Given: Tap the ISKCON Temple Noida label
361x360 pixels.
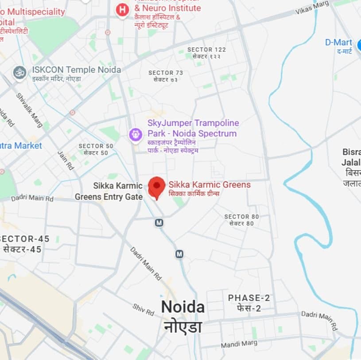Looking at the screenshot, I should point(76,70).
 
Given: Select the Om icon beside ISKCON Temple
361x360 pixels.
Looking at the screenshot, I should point(19,73).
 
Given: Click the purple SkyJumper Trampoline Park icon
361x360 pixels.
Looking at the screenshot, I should point(135,133).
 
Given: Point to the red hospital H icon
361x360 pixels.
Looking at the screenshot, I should point(122,9).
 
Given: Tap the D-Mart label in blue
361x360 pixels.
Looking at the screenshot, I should point(338,43).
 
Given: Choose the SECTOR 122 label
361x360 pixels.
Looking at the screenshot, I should point(206,50).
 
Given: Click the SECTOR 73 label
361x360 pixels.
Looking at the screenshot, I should point(165,73).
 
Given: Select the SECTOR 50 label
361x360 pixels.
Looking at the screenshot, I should point(96,146).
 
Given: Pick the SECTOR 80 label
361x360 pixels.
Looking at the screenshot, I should point(241,217).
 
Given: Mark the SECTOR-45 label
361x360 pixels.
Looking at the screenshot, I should point(25,239).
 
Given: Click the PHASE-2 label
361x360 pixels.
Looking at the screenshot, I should point(248,298).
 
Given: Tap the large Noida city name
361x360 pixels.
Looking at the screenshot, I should point(182,307).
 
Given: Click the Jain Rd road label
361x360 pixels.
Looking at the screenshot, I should point(66,160).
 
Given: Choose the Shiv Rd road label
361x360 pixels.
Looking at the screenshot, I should point(143,309).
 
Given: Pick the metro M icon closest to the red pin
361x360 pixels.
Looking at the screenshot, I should point(159,223).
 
